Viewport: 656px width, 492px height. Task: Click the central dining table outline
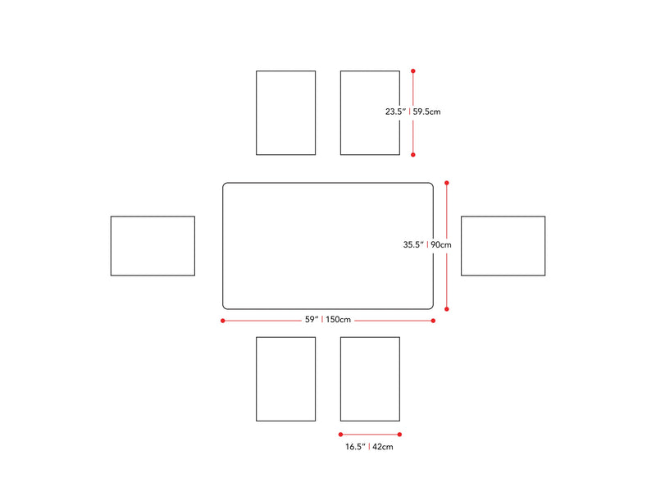click(328, 246)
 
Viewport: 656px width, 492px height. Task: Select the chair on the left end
click(153, 246)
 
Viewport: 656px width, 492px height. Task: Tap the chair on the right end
click(503, 246)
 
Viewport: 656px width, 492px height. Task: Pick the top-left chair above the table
click(285, 112)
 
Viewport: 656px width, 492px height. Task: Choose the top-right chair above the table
click(370, 112)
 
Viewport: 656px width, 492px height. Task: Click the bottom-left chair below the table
click(285, 379)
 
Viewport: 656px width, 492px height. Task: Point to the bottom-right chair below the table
click(370, 379)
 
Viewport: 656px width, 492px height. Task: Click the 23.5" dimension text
click(395, 112)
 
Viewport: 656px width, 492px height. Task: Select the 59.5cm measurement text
click(426, 112)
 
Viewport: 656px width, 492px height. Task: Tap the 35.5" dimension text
click(412, 244)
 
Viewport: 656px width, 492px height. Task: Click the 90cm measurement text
click(441, 244)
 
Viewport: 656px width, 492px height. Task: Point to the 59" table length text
click(311, 320)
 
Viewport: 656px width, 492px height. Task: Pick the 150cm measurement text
click(338, 320)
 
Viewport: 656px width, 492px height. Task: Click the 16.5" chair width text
click(355, 447)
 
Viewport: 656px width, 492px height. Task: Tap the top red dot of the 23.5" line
click(413, 71)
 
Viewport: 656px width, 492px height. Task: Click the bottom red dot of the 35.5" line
click(447, 309)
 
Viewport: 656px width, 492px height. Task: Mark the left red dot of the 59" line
click(222, 321)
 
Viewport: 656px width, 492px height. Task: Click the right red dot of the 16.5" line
click(399, 435)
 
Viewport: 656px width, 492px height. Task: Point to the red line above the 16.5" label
click(370, 435)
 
